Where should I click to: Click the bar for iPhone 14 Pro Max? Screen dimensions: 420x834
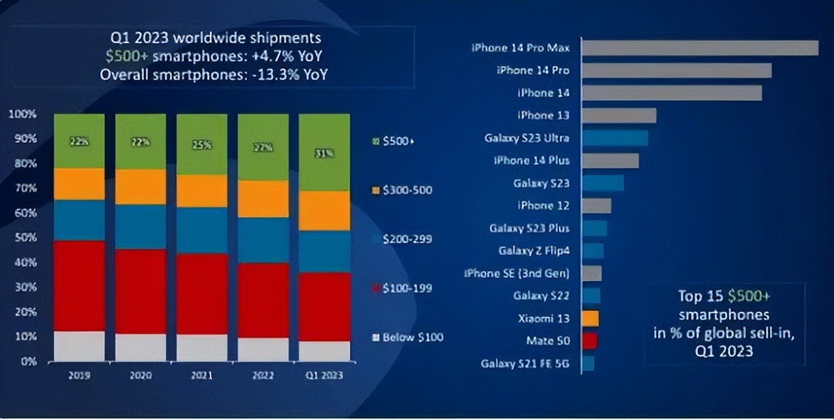pyautogui.click(x=700, y=48)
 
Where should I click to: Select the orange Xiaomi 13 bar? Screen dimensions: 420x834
pyautogui.click(x=590, y=318)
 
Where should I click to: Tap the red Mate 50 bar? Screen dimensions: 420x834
pyautogui.click(x=590, y=340)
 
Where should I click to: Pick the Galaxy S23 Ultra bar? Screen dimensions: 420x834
pyautogui.click(x=615, y=138)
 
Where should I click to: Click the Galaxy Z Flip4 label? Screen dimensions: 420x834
pyautogui.click(x=534, y=250)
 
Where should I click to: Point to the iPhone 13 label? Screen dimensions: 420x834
pyautogui.click(x=543, y=115)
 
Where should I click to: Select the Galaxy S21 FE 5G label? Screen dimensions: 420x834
pyautogui.click(x=525, y=363)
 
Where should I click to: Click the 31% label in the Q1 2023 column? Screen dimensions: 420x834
pyautogui.click(x=324, y=153)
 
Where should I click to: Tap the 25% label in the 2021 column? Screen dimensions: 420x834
pyautogui.click(x=202, y=146)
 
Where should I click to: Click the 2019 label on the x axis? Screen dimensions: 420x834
pyautogui.click(x=79, y=376)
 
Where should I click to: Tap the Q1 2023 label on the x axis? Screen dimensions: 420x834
pyautogui.click(x=324, y=376)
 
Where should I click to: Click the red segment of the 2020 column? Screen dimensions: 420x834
pyautogui.click(x=141, y=291)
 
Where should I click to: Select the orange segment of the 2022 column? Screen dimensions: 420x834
pyautogui.click(x=263, y=199)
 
